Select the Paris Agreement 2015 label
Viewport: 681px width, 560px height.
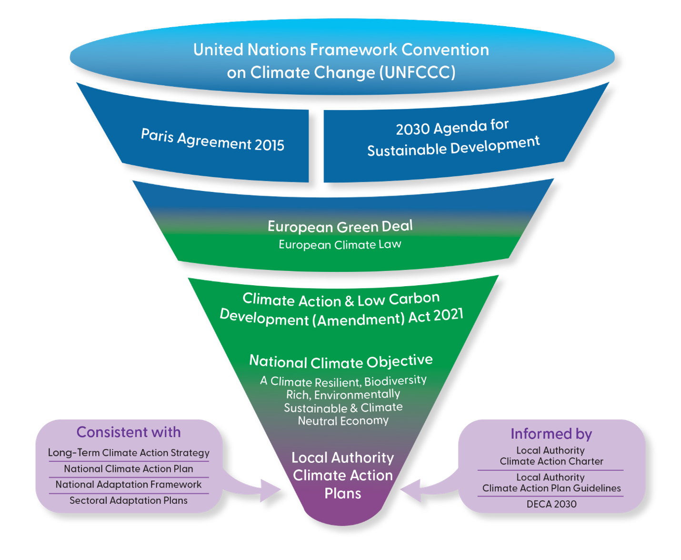click(212, 140)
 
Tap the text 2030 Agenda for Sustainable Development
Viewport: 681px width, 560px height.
click(453, 138)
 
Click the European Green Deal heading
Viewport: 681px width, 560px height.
click(340, 226)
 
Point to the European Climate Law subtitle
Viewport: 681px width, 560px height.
click(340, 245)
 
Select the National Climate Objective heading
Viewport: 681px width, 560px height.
click(341, 361)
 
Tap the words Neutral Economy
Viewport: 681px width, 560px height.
click(343, 421)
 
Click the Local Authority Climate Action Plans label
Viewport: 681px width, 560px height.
click(343, 475)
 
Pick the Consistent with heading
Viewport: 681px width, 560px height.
click(129, 432)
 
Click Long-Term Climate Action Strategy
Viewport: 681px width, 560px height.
click(129, 453)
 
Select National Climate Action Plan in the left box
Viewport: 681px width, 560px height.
click(129, 469)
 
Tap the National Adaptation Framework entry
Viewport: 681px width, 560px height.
click(129, 485)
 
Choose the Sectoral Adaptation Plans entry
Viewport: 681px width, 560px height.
click(129, 500)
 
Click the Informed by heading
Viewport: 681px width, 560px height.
click(551, 434)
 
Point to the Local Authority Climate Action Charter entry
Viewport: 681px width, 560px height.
click(551, 456)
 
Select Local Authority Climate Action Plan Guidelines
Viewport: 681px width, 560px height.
click(551, 483)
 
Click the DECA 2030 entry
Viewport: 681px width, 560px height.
click(551, 504)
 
